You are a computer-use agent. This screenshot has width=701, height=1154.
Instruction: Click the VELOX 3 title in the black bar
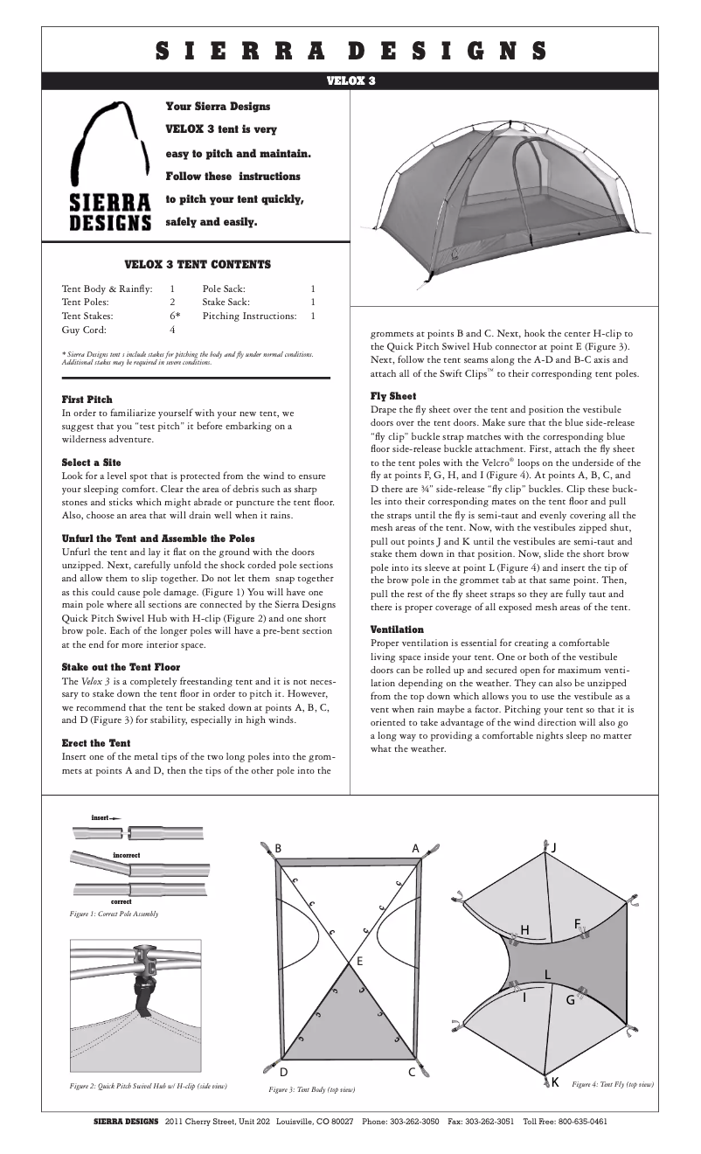(350, 80)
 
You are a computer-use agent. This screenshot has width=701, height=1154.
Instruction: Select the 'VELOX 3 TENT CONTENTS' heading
(198, 264)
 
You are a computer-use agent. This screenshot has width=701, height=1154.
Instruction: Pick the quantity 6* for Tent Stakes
(175, 316)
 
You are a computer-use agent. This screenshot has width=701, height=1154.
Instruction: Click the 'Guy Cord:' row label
(84, 330)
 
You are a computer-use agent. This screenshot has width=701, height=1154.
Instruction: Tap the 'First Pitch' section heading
(87, 400)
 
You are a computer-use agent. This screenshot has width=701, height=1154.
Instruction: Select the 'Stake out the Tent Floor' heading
(121, 667)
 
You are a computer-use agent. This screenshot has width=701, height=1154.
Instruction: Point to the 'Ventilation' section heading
(397, 629)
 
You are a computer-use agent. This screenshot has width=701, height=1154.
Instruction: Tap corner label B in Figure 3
(278, 848)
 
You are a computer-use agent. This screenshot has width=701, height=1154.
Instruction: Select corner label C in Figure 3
(411, 1073)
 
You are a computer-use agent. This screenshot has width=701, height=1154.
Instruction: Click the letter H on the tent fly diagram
(524, 928)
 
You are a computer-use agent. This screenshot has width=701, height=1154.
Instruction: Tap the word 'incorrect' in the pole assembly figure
(126, 854)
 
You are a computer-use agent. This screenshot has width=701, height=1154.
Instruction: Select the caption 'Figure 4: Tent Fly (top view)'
(612, 1084)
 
